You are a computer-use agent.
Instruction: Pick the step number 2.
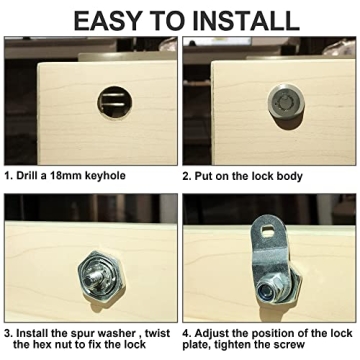coord(186,174)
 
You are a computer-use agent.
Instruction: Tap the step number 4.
coord(186,331)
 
